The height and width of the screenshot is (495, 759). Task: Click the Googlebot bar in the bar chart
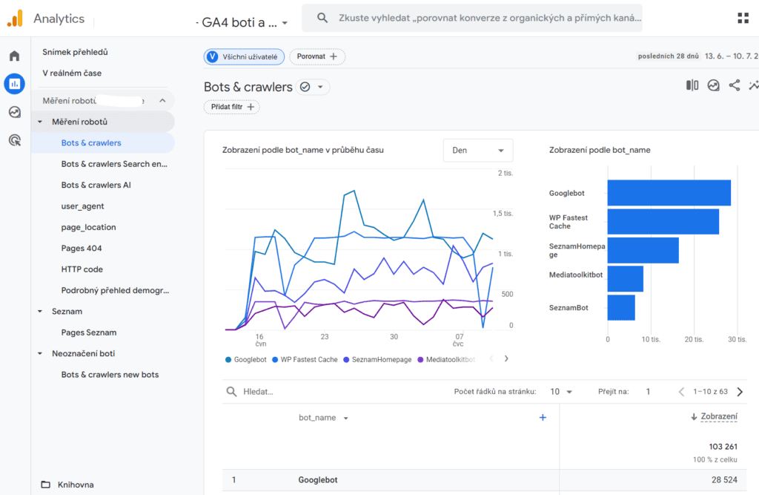(669, 193)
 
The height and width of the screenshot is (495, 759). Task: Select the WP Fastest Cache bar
(663, 222)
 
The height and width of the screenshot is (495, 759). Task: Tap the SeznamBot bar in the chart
(621, 307)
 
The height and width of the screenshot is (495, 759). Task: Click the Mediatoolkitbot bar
(625, 279)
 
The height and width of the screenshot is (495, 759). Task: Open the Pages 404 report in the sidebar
(82, 248)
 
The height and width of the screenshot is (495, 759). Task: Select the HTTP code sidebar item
(82, 269)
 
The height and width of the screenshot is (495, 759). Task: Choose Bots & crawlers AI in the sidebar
(96, 185)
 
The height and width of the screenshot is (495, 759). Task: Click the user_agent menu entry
(82, 206)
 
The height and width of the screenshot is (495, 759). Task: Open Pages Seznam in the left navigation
(88, 332)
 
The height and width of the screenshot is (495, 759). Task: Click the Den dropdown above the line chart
(477, 150)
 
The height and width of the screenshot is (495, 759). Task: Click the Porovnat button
(317, 56)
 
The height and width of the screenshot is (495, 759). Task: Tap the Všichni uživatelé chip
(244, 56)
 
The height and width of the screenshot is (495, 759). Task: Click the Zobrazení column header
(718, 417)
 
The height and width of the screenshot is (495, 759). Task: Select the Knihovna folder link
(76, 485)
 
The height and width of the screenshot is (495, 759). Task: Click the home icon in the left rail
(14, 56)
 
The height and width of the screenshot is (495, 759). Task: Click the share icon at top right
(734, 85)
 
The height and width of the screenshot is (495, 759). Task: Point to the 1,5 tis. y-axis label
(503, 214)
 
